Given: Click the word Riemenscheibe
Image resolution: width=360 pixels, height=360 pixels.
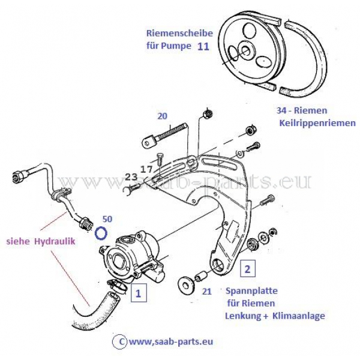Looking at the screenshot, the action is click(179, 33).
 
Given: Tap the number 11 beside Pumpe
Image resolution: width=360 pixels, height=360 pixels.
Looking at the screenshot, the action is click(203, 47).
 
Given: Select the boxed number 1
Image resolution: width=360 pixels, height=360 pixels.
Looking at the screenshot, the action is click(138, 293).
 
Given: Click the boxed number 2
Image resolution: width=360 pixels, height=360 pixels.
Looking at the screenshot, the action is click(247, 269).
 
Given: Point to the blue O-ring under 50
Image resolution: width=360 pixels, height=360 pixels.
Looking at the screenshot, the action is click(101, 233).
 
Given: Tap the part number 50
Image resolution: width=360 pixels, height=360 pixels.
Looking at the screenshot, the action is click(107, 219).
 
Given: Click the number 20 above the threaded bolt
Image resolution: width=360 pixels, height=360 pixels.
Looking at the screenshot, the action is click(162, 116).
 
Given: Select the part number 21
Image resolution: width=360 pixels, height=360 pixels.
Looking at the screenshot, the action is click(206, 292).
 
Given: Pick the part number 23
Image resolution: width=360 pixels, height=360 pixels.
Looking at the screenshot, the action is click(131, 177).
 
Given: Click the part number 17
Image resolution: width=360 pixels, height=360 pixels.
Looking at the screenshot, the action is click(146, 169).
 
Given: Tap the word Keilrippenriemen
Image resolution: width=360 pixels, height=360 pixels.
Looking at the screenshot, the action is click(317, 123).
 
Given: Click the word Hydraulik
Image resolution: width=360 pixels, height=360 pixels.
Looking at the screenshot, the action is click(55, 241).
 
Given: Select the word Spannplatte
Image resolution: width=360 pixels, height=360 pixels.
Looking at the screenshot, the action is click(251, 291).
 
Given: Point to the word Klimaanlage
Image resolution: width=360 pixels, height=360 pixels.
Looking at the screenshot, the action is click(299, 316).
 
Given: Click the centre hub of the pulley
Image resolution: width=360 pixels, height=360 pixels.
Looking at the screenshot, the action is click(246, 50).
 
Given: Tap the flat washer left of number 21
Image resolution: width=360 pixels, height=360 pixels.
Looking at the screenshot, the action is click(187, 284).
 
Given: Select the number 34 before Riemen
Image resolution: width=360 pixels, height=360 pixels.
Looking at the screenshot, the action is click(281, 110).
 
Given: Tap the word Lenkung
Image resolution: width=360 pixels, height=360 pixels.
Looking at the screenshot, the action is click(243, 316).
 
